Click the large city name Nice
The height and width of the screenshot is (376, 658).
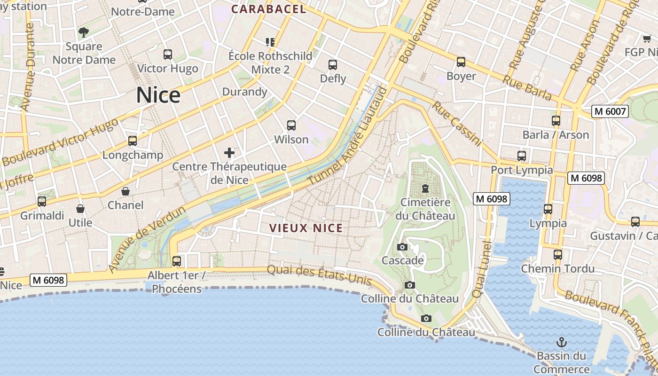coord(158,95)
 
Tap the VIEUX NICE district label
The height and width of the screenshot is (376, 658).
coord(306,228)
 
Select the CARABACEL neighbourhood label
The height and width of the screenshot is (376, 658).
coord(268,9)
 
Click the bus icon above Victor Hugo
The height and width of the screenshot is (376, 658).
coord(168,55)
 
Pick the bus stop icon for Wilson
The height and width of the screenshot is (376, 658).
coord(291,125)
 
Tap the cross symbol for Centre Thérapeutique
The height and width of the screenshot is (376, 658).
coord(229,153)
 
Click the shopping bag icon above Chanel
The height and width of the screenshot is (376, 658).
coord(125,191)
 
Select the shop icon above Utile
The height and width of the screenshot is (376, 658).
coord(80,209)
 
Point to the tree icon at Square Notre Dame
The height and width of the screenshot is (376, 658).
coord(84,32)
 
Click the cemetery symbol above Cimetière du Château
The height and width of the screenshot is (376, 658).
coord(425,188)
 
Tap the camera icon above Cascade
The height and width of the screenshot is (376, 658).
coord(402,247)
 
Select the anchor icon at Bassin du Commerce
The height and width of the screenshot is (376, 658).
coord(561,342)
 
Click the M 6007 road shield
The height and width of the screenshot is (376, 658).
coord(610,111)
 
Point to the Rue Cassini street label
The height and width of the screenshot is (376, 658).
coord(456,124)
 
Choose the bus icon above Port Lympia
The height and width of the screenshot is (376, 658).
coord(522,156)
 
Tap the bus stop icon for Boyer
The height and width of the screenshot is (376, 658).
coord(461,62)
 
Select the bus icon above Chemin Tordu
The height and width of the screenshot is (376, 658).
coord(558,255)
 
